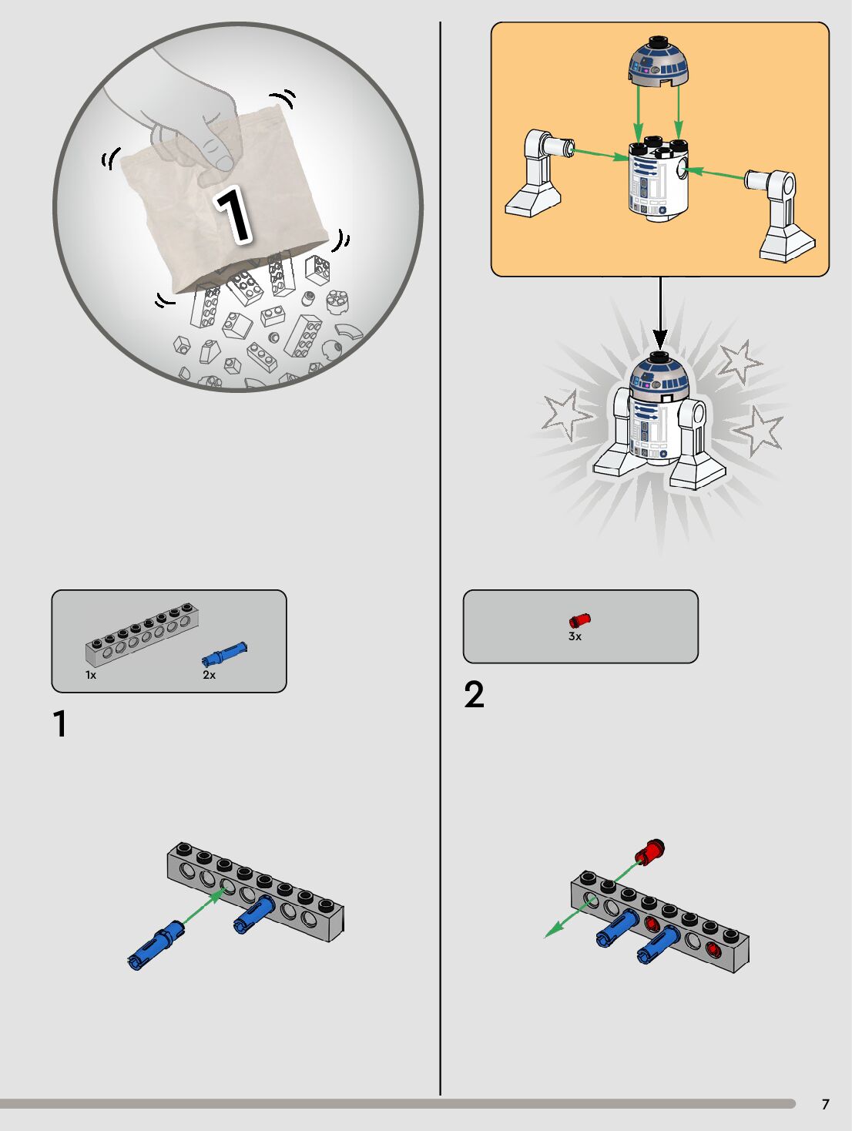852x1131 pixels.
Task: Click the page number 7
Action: (826, 1104)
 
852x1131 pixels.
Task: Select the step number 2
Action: (474, 695)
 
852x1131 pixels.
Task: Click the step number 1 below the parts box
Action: (60, 723)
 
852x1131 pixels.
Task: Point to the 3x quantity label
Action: (575, 636)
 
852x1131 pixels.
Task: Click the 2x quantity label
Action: (209, 675)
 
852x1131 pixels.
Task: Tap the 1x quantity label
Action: (91, 675)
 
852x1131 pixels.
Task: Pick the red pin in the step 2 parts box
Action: (579, 620)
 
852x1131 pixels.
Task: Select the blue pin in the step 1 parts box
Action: (224, 655)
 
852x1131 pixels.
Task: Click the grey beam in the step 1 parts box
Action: (142, 636)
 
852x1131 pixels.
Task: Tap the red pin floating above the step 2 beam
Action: (649, 852)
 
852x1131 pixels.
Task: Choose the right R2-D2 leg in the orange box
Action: (780, 216)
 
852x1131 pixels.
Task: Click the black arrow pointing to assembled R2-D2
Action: (660, 314)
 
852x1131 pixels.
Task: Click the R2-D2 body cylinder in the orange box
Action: (658, 180)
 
